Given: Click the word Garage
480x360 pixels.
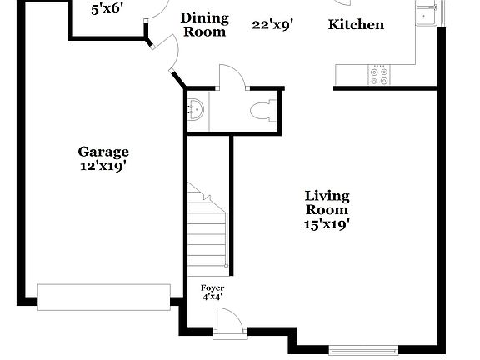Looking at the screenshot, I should tap(103, 152).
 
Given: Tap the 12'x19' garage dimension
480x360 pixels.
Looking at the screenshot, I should tap(103, 165).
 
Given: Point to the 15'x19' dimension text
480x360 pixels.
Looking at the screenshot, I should tap(326, 223).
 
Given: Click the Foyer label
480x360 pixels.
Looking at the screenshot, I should tap(212, 287).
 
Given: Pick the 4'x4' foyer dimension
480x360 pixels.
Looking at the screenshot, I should tap(212, 296).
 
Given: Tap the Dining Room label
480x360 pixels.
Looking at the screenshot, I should tap(203, 25).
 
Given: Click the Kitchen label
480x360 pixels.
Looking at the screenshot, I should tap(356, 25).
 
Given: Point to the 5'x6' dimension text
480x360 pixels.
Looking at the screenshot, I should tap(106, 8).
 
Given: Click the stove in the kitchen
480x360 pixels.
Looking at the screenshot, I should tap(379, 75).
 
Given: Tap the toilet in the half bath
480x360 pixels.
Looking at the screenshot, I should tap(264, 109).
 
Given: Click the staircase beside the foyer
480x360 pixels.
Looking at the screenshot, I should tap(208, 233).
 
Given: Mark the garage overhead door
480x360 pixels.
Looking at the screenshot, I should tap(104, 297).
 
